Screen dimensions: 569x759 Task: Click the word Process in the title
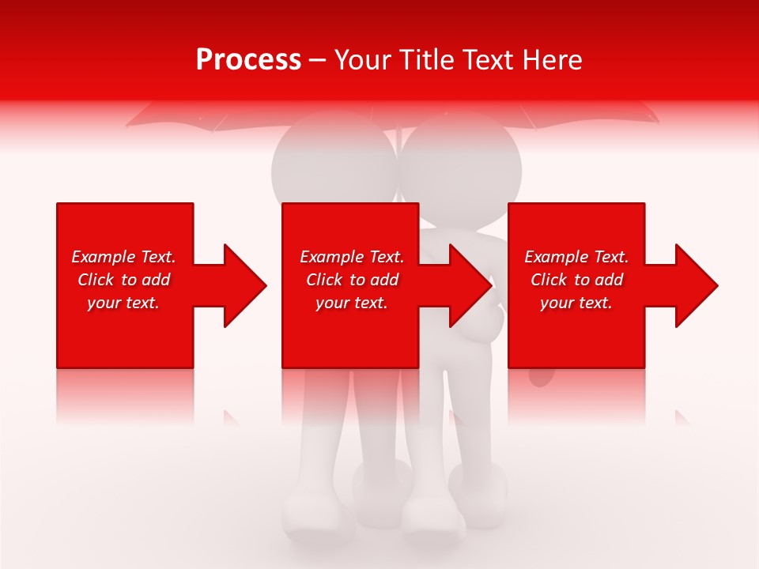[248, 60]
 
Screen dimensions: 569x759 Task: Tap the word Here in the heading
[551, 60]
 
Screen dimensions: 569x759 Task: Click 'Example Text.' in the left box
[123, 257]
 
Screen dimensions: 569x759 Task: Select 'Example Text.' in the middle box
[352, 257]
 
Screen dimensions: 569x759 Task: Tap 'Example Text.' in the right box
[576, 257]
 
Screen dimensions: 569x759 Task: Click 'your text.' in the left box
[123, 303]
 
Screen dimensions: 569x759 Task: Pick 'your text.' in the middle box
[351, 303]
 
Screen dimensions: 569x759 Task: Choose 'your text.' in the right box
[576, 303]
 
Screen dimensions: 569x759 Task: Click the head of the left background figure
[332, 166]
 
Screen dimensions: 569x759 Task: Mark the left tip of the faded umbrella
[128, 125]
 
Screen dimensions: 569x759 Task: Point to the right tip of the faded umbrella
[656, 121]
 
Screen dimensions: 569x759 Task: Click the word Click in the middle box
[325, 280]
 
